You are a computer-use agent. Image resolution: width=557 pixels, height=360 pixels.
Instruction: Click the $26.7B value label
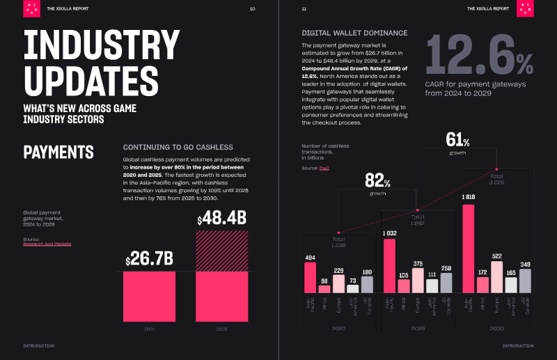pyautogui.click(x=149, y=259)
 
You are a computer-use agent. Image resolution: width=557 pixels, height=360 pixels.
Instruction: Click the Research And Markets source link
pyautogui.click(x=47, y=244)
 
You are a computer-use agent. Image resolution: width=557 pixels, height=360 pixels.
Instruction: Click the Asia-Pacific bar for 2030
pyautogui.click(x=469, y=248)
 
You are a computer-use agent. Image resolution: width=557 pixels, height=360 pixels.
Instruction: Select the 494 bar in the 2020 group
pyautogui.click(x=310, y=276)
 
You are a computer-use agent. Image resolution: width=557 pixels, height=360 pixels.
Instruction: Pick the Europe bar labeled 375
pyautogui.click(x=418, y=279)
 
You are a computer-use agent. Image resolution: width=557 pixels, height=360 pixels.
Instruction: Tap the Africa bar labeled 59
pyautogui.click(x=324, y=288)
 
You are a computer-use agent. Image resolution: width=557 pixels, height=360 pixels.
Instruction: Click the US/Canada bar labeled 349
pyautogui.click(x=526, y=280)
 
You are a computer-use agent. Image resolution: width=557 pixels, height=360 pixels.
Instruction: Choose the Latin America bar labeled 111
pyautogui.click(x=432, y=285)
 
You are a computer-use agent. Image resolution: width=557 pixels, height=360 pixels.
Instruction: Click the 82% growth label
pyautogui.click(x=378, y=182)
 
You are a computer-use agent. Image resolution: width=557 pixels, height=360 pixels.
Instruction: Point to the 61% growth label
pyautogui.click(x=457, y=139)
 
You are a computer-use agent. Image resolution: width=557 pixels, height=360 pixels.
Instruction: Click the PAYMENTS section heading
pyautogui.click(x=58, y=152)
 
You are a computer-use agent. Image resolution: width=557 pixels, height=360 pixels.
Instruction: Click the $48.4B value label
pyautogui.click(x=222, y=220)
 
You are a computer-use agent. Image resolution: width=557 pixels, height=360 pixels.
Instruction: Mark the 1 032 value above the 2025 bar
pyautogui.click(x=389, y=233)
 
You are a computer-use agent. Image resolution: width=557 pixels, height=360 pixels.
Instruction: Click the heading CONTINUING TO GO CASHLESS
pyautogui.click(x=178, y=147)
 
